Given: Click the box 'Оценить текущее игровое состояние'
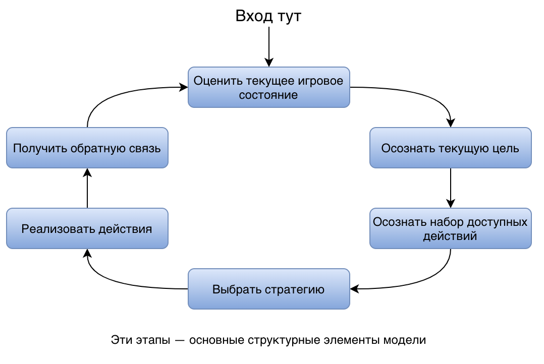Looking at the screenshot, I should pos(268,87).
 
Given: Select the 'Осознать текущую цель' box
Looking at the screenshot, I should pos(450,148).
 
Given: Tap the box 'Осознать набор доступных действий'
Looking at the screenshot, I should pos(450,228).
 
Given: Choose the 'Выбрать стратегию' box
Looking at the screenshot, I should pos(268,289).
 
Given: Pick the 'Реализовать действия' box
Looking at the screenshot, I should pos(87,228).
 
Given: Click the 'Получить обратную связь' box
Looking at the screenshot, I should pos(87,148).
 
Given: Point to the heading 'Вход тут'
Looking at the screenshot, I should pos(268,16).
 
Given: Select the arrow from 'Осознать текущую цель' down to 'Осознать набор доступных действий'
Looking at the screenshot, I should pos(450,188).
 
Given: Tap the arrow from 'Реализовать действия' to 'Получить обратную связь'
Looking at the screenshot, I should pos(87,188).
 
